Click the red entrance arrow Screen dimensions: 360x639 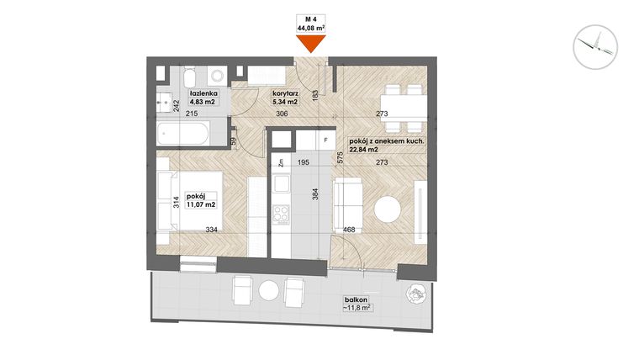(311, 45)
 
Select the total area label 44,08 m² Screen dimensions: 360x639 (311, 28)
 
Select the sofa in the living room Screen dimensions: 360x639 (348, 200)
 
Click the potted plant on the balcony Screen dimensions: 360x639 (416, 294)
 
